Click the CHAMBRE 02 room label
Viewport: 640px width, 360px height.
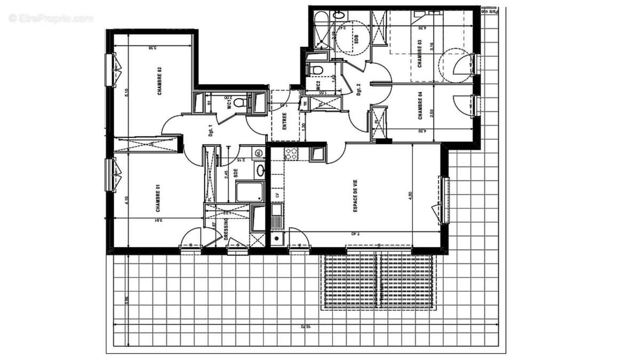159,81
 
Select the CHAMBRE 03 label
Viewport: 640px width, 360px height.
420,54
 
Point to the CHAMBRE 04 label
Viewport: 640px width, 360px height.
420,106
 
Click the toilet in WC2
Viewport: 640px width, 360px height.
316,69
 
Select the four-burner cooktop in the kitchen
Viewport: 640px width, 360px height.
291,154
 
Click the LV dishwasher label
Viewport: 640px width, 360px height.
277,195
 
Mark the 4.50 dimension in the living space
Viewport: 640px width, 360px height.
410,195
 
